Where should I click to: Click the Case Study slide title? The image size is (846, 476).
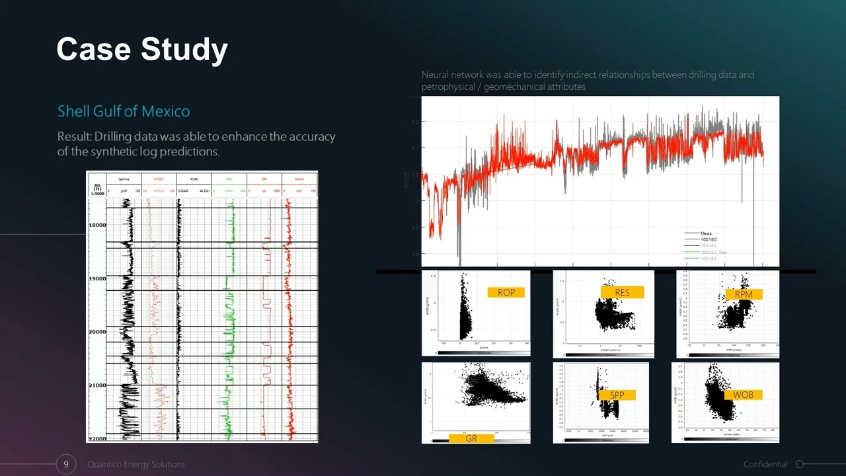[142, 50]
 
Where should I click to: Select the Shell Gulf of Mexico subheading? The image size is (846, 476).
[124, 111]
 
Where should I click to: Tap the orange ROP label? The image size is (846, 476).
[506, 292]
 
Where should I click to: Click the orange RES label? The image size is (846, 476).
[622, 292]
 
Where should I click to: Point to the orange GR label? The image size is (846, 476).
[471, 438]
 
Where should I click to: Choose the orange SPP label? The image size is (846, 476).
[617, 395]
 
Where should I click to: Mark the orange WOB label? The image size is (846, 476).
[743, 395]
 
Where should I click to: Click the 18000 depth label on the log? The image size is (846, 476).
[97, 225]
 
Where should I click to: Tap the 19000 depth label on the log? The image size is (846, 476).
[97, 279]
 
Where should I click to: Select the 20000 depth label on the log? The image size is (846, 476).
[97, 332]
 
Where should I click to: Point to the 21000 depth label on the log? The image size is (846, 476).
[97, 385]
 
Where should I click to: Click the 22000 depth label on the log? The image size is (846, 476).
[97, 438]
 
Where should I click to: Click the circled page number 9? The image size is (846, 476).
[65, 464]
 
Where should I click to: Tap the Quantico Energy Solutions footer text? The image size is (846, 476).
[136, 464]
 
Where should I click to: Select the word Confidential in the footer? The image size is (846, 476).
[765, 464]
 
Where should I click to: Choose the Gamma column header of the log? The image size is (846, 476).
[124, 179]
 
